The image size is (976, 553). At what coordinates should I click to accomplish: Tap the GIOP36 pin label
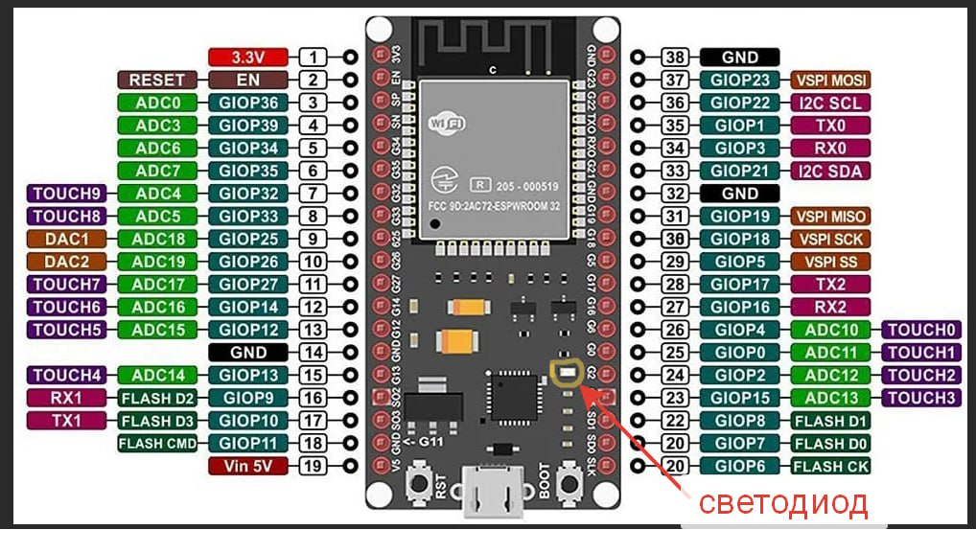pyautogui.click(x=249, y=103)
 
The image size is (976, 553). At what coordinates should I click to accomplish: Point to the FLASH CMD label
pyautogui.click(x=156, y=444)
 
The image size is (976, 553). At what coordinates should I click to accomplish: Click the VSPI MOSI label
pyautogui.click(x=831, y=80)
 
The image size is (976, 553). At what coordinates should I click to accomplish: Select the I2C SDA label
pyautogui.click(x=831, y=171)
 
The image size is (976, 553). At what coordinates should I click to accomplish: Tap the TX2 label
pyautogui.click(x=831, y=285)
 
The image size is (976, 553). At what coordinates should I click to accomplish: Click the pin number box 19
pyautogui.click(x=313, y=467)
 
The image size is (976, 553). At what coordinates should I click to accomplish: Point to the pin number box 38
pyautogui.click(x=676, y=57)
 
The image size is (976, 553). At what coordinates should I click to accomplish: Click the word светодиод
pyautogui.click(x=781, y=503)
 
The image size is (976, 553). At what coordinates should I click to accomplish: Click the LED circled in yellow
pyautogui.click(x=566, y=370)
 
